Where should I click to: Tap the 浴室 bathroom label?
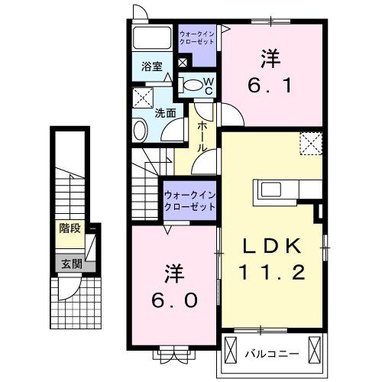[151, 67]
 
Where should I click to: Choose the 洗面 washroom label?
[166, 113]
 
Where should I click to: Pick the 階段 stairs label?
[70, 227]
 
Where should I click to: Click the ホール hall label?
[201, 136]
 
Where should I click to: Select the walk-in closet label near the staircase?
[189, 202]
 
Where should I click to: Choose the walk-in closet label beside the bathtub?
[197, 38]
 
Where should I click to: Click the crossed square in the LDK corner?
[310, 142]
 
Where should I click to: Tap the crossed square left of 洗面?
[141, 97]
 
